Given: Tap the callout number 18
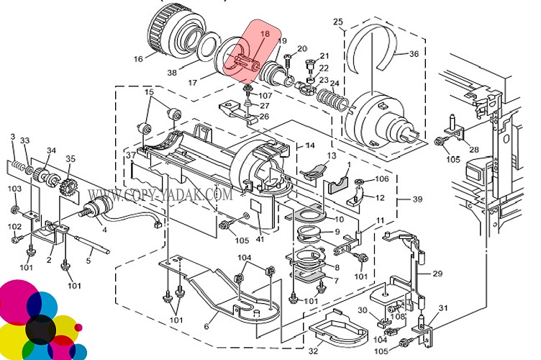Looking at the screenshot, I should [x=265, y=34].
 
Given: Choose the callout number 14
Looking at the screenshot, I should [x=311, y=145].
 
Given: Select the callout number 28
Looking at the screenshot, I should [x=474, y=149].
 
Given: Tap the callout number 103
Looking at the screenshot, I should [x=14, y=188].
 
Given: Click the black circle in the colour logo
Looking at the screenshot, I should [x=40, y=328].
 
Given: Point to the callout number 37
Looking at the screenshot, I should [x=130, y=155].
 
